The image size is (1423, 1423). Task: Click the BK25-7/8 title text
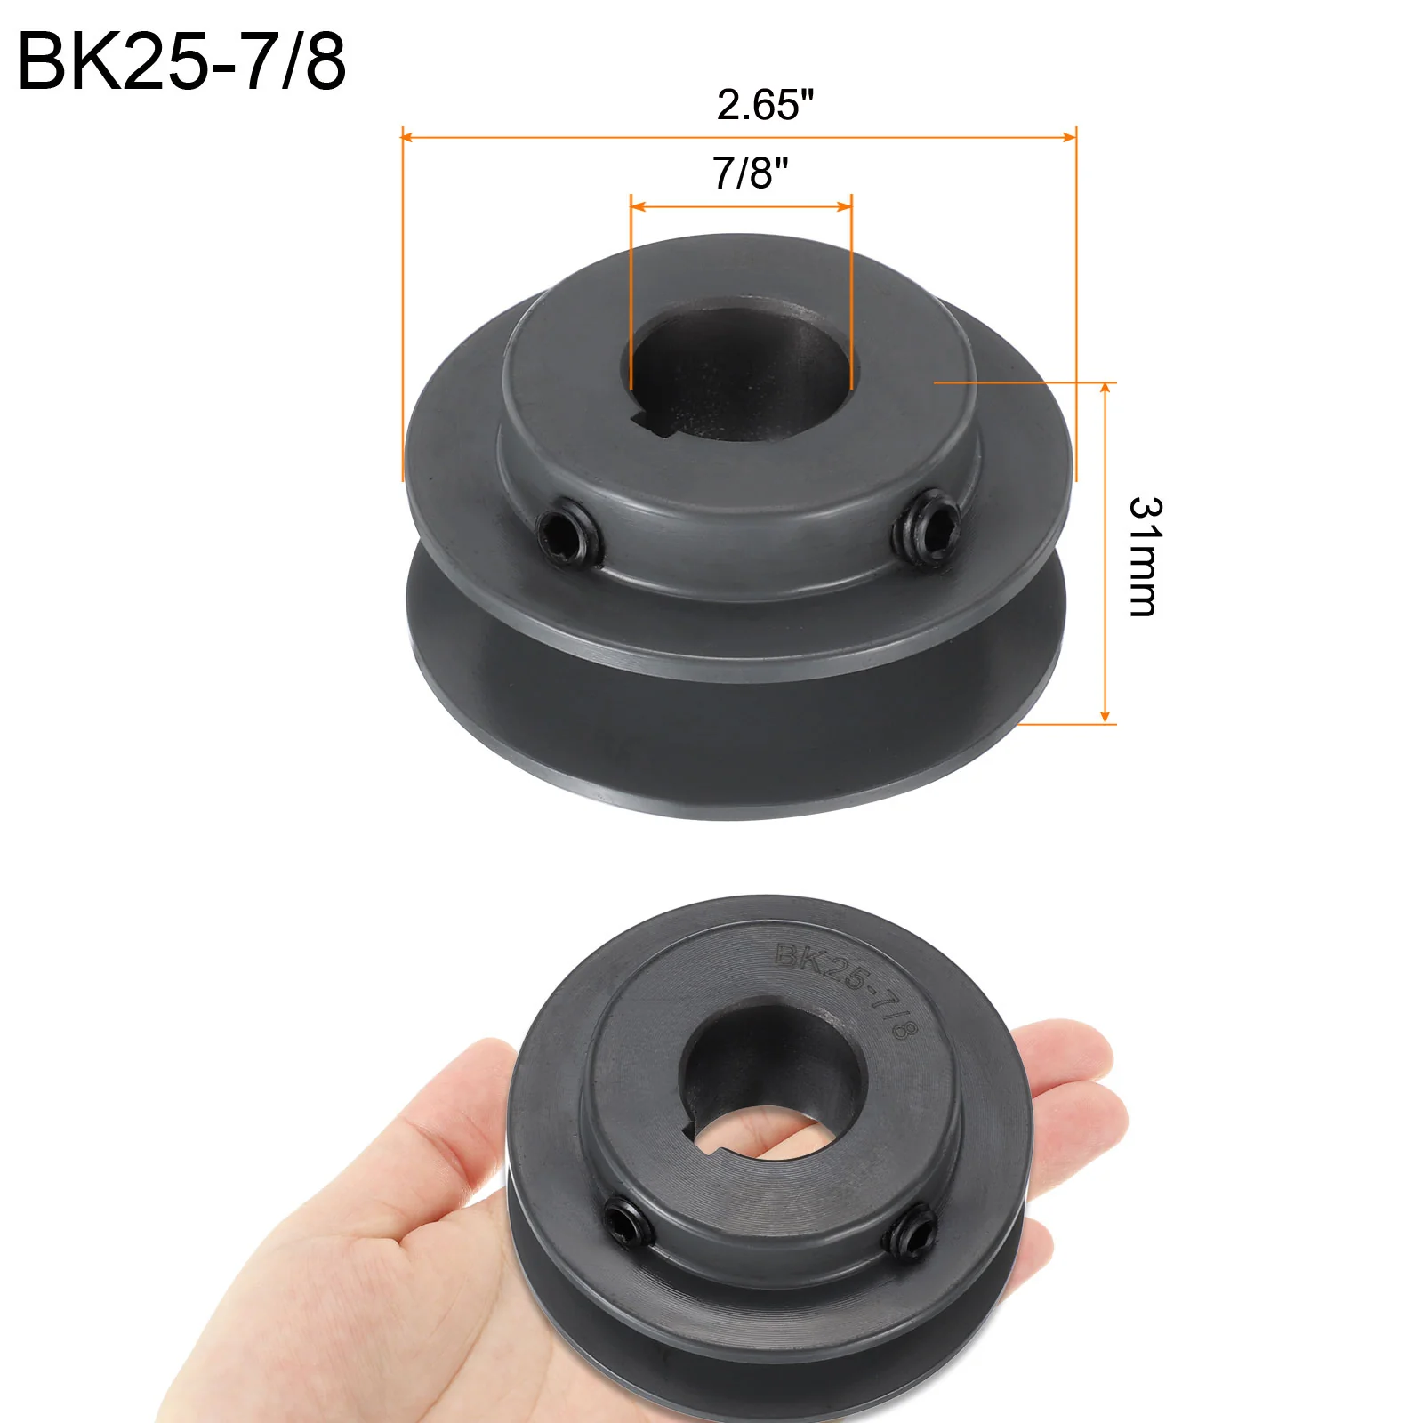tap(181, 61)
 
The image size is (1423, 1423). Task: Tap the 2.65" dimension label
tap(765, 105)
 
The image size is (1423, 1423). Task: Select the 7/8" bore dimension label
tap(750, 173)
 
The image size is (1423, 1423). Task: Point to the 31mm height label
tap(1145, 557)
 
